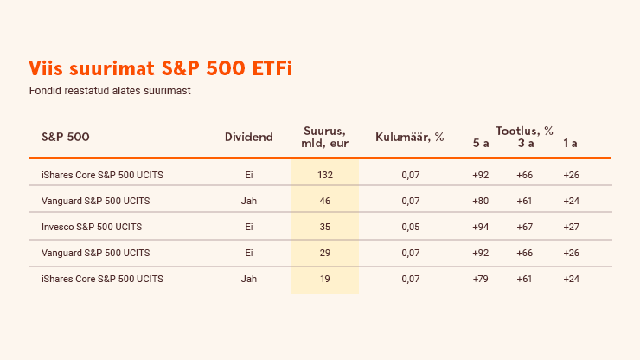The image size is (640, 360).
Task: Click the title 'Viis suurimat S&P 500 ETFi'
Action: point(160,68)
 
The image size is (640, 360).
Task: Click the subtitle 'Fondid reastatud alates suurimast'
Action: point(110,91)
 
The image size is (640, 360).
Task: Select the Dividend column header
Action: point(248,137)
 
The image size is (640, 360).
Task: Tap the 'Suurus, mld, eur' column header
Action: point(325,137)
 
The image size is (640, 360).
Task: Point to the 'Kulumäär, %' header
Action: point(409,137)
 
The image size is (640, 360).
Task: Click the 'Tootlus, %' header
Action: point(524,131)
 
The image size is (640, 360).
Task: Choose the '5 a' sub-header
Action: point(481,143)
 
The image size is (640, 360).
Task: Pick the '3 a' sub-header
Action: point(526,143)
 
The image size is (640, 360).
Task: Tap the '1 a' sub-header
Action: point(570,143)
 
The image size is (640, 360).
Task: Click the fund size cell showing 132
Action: point(325,175)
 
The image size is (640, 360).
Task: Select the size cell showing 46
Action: point(325,201)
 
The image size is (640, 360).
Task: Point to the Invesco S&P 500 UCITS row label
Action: point(92,227)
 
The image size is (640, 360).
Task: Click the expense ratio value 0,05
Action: point(411,227)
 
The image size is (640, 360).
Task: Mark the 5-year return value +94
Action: point(480,227)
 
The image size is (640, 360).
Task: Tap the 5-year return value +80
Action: point(480,201)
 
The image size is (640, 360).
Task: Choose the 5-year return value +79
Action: point(480,279)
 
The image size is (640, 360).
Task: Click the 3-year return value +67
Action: point(524,227)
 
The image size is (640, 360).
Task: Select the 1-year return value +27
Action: point(571,227)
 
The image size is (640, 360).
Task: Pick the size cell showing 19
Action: point(325,279)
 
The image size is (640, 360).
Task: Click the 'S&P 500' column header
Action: point(66,137)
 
